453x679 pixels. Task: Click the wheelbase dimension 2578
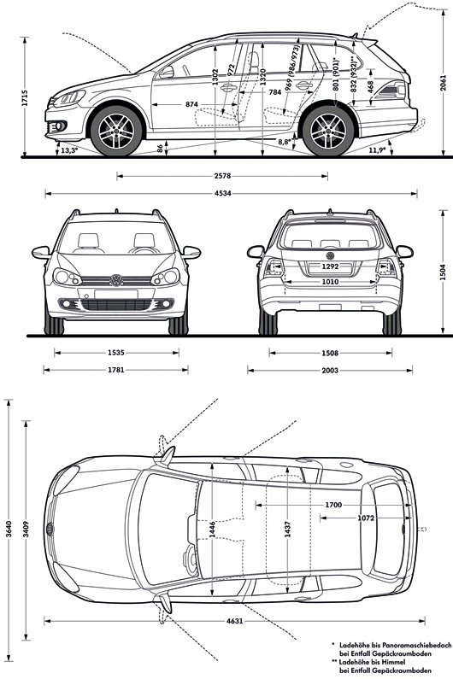click(222, 176)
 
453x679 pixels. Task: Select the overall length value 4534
click(222, 194)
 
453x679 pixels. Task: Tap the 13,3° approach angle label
click(69, 150)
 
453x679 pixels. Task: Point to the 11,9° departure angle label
click(377, 149)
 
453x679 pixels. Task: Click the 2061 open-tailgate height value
click(443, 83)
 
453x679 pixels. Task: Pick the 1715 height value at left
click(24, 98)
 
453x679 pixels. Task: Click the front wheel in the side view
click(116, 131)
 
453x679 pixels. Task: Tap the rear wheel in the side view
click(328, 131)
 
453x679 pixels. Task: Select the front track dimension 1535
click(116, 353)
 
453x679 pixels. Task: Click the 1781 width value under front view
click(115, 370)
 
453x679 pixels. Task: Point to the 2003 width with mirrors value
click(330, 370)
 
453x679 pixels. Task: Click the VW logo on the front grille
click(116, 280)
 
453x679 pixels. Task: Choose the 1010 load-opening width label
click(330, 282)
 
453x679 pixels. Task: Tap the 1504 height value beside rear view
click(443, 272)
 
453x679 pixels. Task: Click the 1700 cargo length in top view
click(333, 505)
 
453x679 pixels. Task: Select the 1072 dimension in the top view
click(366, 518)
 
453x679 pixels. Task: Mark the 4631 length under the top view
click(234, 621)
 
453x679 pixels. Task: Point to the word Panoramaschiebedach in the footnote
click(418, 644)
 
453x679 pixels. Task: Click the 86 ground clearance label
click(161, 149)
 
